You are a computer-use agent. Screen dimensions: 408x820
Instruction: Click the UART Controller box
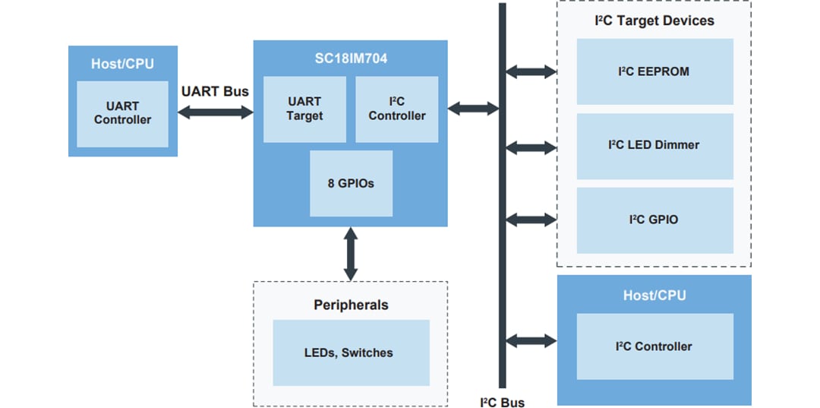tap(122, 114)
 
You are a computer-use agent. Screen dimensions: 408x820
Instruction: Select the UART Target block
tap(304, 109)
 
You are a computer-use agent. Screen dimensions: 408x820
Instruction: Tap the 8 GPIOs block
tap(351, 183)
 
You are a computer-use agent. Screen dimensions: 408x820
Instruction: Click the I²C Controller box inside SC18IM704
tap(396, 109)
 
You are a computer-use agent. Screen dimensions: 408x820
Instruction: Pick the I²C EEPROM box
tap(654, 72)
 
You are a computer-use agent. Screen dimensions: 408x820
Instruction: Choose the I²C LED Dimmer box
tap(654, 145)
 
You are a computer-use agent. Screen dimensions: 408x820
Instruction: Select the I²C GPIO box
tap(654, 220)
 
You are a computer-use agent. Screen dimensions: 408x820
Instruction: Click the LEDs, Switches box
tap(349, 353)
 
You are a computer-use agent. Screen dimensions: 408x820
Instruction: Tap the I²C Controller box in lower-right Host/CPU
tap(654, 346)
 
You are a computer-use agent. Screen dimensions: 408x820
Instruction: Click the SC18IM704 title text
tap(350, 58)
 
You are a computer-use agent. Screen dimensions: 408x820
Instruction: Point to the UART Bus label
tap(215, 91)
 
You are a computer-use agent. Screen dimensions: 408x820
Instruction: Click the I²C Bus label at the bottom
tap(502, 402)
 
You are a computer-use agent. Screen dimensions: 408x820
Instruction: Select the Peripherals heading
tap(351, 305)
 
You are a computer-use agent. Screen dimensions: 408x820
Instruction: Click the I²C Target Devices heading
tap(654, 21)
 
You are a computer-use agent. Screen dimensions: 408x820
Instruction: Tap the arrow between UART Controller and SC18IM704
tap(215, 112)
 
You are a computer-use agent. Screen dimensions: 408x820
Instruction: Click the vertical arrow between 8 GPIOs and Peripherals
tap(351, 254)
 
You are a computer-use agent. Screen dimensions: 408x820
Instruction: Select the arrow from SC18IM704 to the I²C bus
tap(473, 109)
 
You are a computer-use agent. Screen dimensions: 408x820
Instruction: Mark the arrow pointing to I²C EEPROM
tap(531, 72)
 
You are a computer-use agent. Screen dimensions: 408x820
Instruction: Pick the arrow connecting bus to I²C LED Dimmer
tap(531, 145)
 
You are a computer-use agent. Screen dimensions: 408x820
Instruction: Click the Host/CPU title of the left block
tap(122, 63)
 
